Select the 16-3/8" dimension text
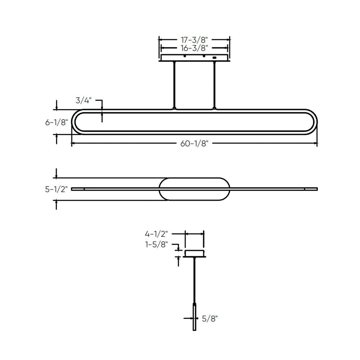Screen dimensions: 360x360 (194, 47)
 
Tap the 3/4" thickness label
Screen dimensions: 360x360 (84, 100)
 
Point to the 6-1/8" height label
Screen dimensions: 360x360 (57, 122)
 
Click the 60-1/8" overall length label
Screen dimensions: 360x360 (194, 144)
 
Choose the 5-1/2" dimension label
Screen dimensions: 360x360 (57, 189)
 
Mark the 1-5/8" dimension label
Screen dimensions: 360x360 (157, 244)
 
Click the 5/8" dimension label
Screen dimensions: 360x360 (210, 318)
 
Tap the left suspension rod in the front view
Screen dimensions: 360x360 (175, 85)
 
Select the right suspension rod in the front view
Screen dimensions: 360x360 (214, 85)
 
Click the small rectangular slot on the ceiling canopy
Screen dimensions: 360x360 (215, 57)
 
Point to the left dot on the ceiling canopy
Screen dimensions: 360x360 (185, 57)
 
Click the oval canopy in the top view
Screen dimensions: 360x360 (194, 189)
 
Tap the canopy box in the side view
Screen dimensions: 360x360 (194, 253)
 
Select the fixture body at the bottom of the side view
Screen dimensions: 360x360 (194, 317)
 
